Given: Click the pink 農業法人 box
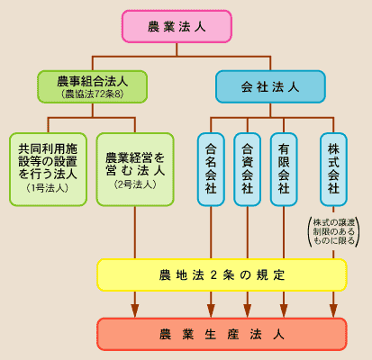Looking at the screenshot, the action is (x=177, y=26).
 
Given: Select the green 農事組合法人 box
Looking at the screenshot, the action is (x=93, y=86).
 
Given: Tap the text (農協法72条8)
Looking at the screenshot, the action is (x=93, y=94).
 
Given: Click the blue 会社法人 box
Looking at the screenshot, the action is (x=270, y=86).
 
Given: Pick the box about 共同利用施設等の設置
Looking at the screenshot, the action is (x=48, y=169).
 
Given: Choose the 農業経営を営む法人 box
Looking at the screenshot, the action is (x=135, y=169).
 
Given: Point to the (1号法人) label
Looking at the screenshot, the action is (x=48, y=188).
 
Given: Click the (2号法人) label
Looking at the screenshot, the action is (x=135, y=184).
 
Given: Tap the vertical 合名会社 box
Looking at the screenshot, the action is (x=211, y=169).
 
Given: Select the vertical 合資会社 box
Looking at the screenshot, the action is (x=248, y=169).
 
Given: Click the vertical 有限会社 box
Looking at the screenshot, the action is (x=284, y=169).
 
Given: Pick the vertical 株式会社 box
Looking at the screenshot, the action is (x=333, y=169).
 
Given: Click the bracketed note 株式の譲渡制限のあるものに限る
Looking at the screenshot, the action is (x=334, y=231).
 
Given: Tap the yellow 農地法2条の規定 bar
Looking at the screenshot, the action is (x=222, y=274).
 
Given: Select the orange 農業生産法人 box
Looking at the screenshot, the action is (x=222, y=334).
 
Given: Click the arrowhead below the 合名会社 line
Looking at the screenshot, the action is (x=211, y=310).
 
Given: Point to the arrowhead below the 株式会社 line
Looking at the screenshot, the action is (x=333, y=310).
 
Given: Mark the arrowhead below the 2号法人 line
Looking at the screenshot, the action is (x=135, y=310).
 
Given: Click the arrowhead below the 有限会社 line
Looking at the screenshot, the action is (x=284, y=310).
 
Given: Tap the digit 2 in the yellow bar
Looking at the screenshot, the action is (x=213, y=275).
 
